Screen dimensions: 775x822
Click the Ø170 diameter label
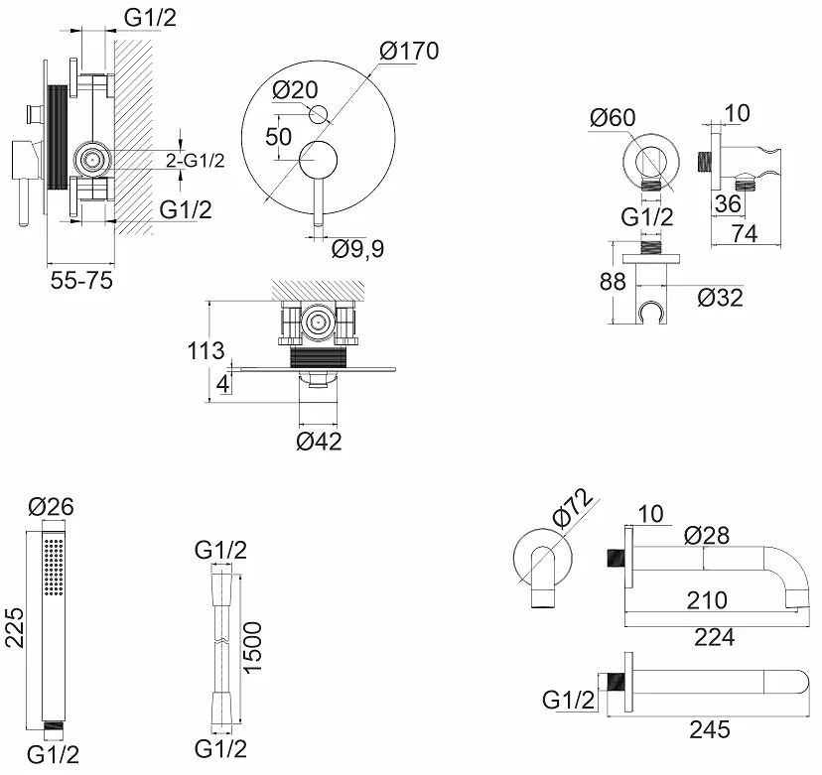click(408, 50)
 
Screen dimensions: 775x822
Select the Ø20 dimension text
click(294, 89)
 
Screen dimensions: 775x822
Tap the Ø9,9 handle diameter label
click(357, 248)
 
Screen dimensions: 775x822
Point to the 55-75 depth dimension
click(81, 281)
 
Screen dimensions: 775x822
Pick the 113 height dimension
click(205, 350)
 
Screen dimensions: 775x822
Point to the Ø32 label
click(720, 297)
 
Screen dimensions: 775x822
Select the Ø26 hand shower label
click(52, 506)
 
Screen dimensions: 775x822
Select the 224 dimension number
click(714, 637)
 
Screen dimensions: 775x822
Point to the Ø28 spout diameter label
click(707, 536)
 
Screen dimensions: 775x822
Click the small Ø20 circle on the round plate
click(318, 114)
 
